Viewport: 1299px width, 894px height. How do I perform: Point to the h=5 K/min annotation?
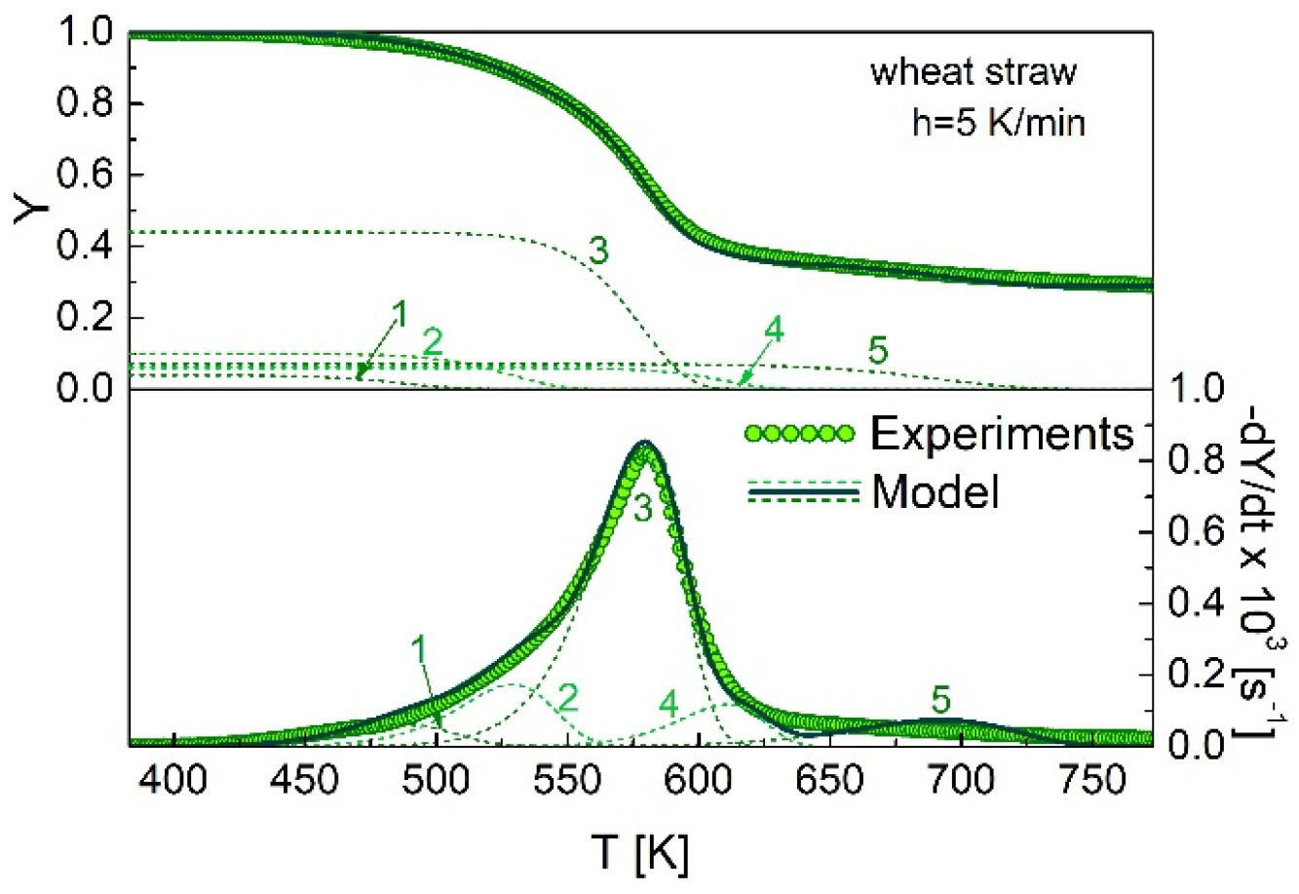click(x=995, y=124)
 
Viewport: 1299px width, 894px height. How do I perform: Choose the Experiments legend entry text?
click(x=1002, y=434)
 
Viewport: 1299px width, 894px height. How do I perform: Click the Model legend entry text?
click(x=936, y=494)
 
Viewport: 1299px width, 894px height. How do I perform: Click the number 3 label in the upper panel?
click(x=598, y=252)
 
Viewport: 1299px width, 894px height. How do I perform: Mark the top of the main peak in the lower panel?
click(x=643, y=444)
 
